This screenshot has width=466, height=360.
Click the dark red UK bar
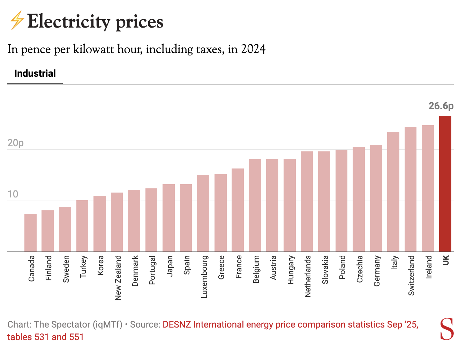(445, 184)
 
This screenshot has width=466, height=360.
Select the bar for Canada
(30, 233)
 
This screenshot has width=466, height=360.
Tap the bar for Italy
(393, 192)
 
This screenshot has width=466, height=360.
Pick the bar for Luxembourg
(203, 213)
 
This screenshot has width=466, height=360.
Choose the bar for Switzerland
(411, 189)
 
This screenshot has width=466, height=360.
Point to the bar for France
(238, 210)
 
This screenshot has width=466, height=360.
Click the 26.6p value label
(441, 106)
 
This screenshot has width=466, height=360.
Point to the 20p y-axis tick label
(15, 143)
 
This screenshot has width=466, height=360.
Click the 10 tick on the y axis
(13, 194)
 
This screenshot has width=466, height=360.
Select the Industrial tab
(35, 74)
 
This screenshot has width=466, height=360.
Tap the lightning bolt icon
(16, 21)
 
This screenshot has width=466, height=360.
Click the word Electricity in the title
(69, 22)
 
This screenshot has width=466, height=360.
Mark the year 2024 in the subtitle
(253, 49)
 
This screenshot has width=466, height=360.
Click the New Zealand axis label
(118, 278)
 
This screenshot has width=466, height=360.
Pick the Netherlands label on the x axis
(308, 276)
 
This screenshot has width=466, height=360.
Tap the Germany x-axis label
(377, 271)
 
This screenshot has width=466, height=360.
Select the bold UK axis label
(445, 260)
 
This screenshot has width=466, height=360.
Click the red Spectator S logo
(447, 329)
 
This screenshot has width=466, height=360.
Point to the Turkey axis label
(83, 267)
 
